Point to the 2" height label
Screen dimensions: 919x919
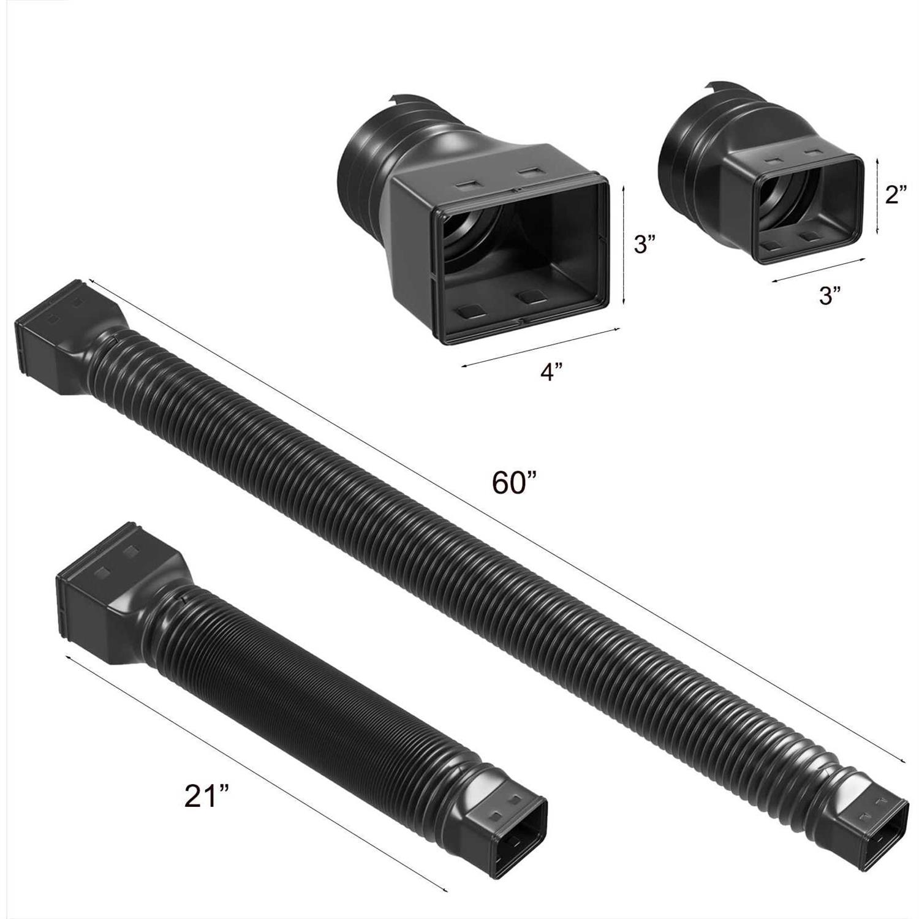tap(895, 195)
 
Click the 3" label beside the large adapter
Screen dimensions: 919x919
tap(645, 245)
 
